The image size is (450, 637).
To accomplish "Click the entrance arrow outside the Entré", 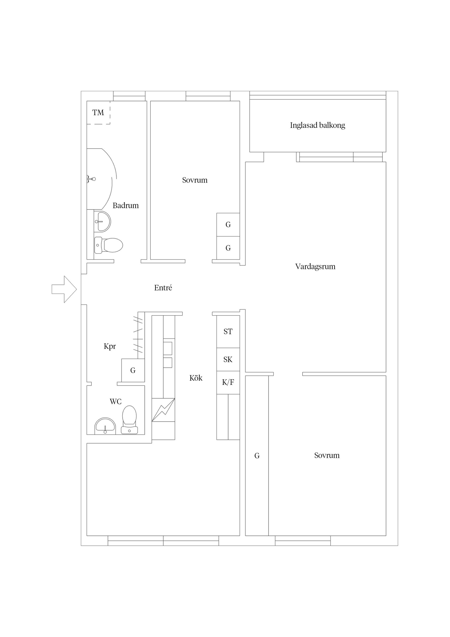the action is (x=64, y=289).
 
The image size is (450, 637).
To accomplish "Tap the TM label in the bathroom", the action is (x=98, y=113).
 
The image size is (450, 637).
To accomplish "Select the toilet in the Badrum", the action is (x=109, y=245).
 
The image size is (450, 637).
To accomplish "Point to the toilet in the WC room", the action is (x=129, y=420).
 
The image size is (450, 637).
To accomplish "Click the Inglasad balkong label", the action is (x=318, y=125).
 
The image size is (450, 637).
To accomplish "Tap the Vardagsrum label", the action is (x=315, y=267).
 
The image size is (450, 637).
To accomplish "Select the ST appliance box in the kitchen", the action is (x=228, y=332).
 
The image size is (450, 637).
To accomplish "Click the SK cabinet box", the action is (x=228, y=360).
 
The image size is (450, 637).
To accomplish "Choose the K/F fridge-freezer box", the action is (x=228, y=383).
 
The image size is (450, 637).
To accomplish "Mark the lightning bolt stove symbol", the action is (x=163, y=410).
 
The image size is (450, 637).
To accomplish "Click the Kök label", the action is (x=196, y=378).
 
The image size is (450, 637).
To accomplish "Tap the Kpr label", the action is (x=110, y=346).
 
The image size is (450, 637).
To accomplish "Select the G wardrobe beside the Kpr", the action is (x=133, y=370).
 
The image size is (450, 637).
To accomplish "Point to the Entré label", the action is (x=163, y=288).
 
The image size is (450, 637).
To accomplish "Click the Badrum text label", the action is (x=126, y=206).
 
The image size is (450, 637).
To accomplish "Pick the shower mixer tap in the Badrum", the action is (x=91, y=179).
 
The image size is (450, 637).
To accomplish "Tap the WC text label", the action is (x=116, y=402).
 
